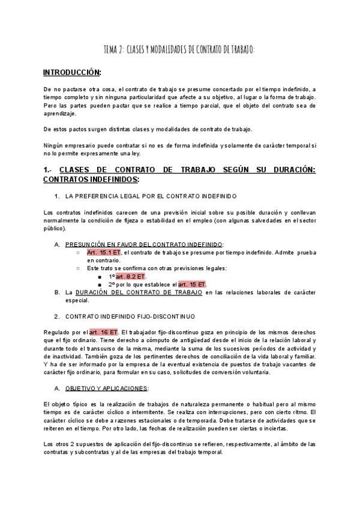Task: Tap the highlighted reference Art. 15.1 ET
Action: click(104, 253)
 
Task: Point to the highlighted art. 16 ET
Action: click(103, 332)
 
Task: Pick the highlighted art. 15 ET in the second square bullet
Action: click(192, 284)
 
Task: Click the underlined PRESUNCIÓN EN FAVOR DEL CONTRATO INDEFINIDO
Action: click(143, 244)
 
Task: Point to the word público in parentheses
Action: click(55, 228)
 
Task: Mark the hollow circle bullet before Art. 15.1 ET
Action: click(78, 253)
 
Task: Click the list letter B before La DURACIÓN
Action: click(56, 292)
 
